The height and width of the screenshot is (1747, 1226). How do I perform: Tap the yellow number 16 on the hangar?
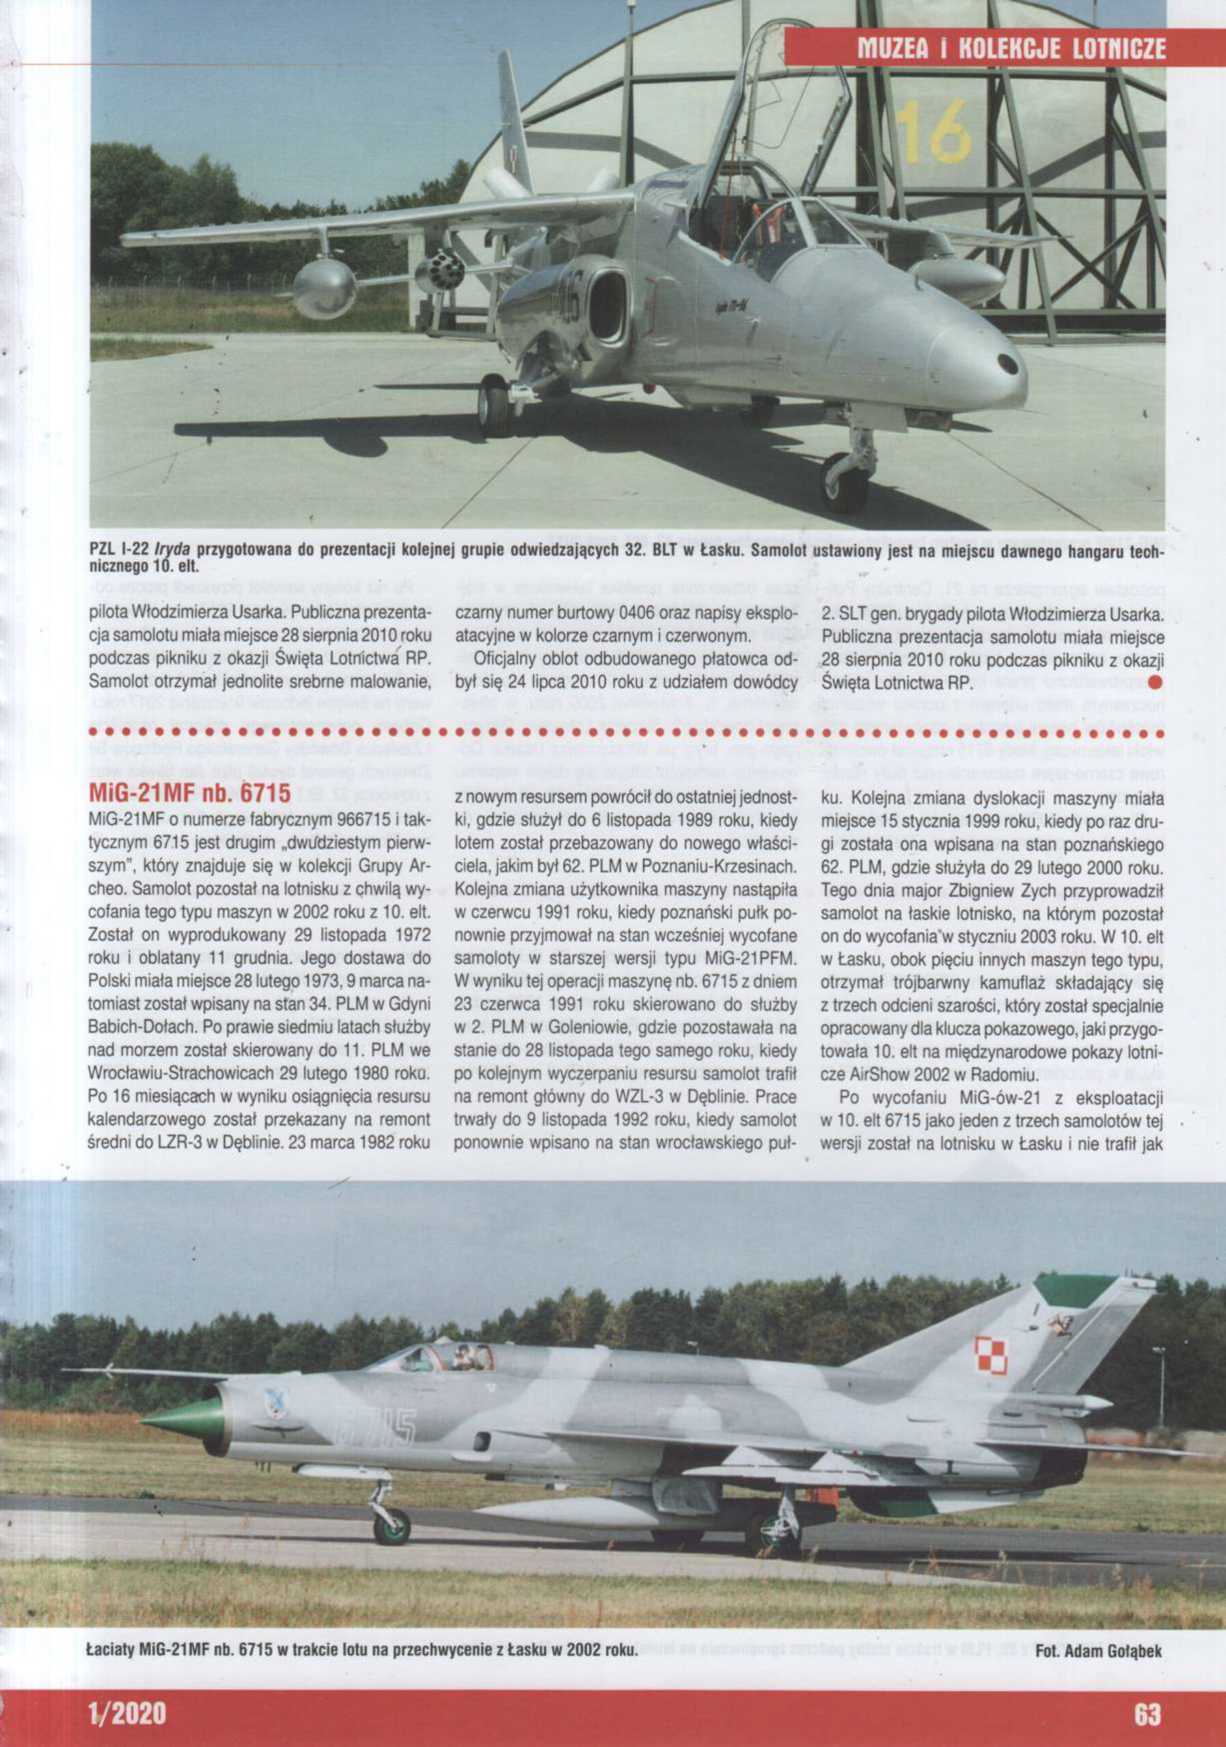(932, 132)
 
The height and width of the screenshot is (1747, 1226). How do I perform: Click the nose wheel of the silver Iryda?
(844, 481)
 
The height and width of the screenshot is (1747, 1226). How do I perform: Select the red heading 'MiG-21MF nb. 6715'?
(190, 793)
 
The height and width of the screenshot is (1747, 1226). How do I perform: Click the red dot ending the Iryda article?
(1154, 682)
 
